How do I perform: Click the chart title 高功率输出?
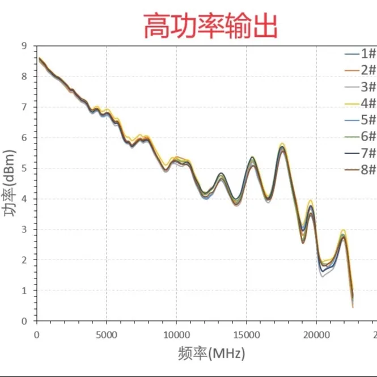pyautogui.click(x=210, y=27)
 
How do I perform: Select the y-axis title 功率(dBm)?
pyautogui.click(x=9, y=183)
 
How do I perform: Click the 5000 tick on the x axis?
pyautogui.click(x=106, y=334)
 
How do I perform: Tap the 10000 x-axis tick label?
pyautogui.click(x=176, y=334)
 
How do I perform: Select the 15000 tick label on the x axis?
pyautogui.click(x=246, y=334)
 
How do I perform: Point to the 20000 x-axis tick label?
pyautogui.click(x=316, y=334)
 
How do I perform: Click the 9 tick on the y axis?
pyautogui.click(x=24, y=46)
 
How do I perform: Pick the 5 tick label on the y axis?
pyautogui.click(x=24, y=168)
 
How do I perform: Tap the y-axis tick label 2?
pyautogui.click(x=24, y=260)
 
